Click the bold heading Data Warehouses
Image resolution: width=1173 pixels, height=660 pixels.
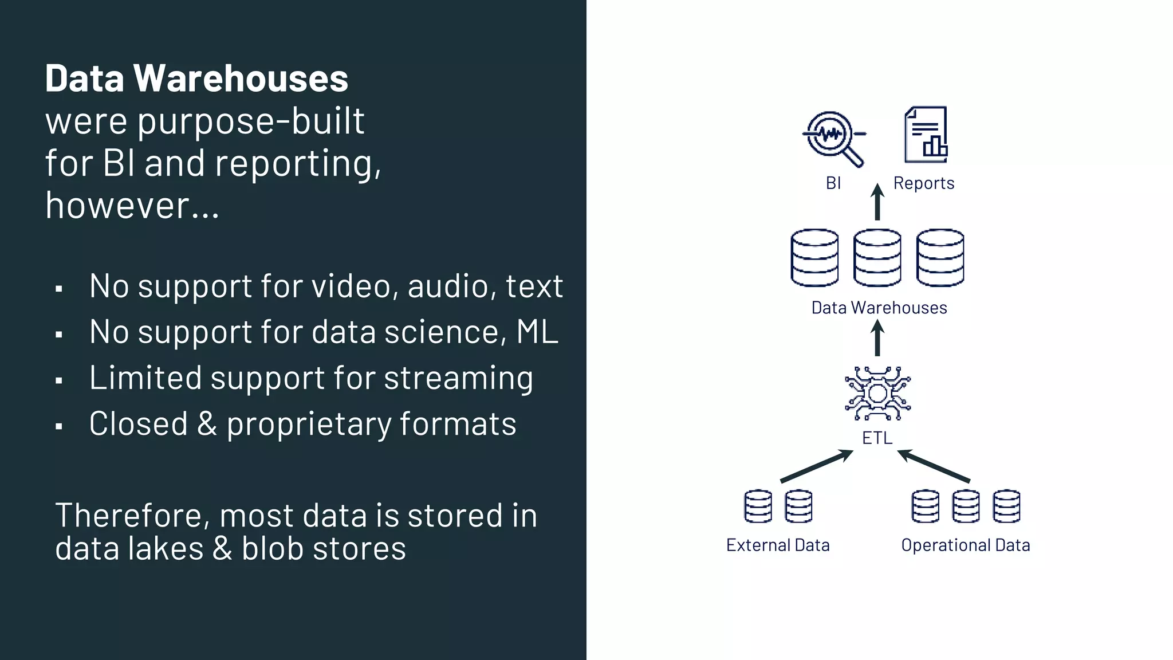[x=196, y=78]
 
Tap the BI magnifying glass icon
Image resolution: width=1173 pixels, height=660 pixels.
[x=833, y=138]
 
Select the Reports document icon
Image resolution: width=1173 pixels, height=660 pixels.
[x=926, y=135]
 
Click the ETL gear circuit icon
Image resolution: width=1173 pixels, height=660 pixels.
[x=877, y=394]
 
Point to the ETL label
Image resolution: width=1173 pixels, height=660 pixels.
[x=877, y=438]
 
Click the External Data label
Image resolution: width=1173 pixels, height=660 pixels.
[x=778, y=545]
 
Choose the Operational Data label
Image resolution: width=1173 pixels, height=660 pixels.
[x=966, y=545]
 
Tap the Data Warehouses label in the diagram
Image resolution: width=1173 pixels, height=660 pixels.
[x=879, y=308]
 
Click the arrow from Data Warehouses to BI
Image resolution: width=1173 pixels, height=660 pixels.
[x=877, y=202]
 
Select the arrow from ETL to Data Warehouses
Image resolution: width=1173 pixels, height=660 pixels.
[x=877, y=338]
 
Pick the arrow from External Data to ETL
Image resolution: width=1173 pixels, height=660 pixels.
[x=816, y=466]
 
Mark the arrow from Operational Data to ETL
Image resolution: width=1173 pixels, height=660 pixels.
[x=934, y=466]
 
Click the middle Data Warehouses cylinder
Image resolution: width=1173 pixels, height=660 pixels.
[x=877, y=257]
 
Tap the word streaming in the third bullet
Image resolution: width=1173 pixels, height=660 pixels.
[x=458, y=378]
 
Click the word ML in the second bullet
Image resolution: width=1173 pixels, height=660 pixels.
[x=537, y=332]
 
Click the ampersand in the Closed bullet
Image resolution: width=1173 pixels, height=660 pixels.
[x=207, y=424]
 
